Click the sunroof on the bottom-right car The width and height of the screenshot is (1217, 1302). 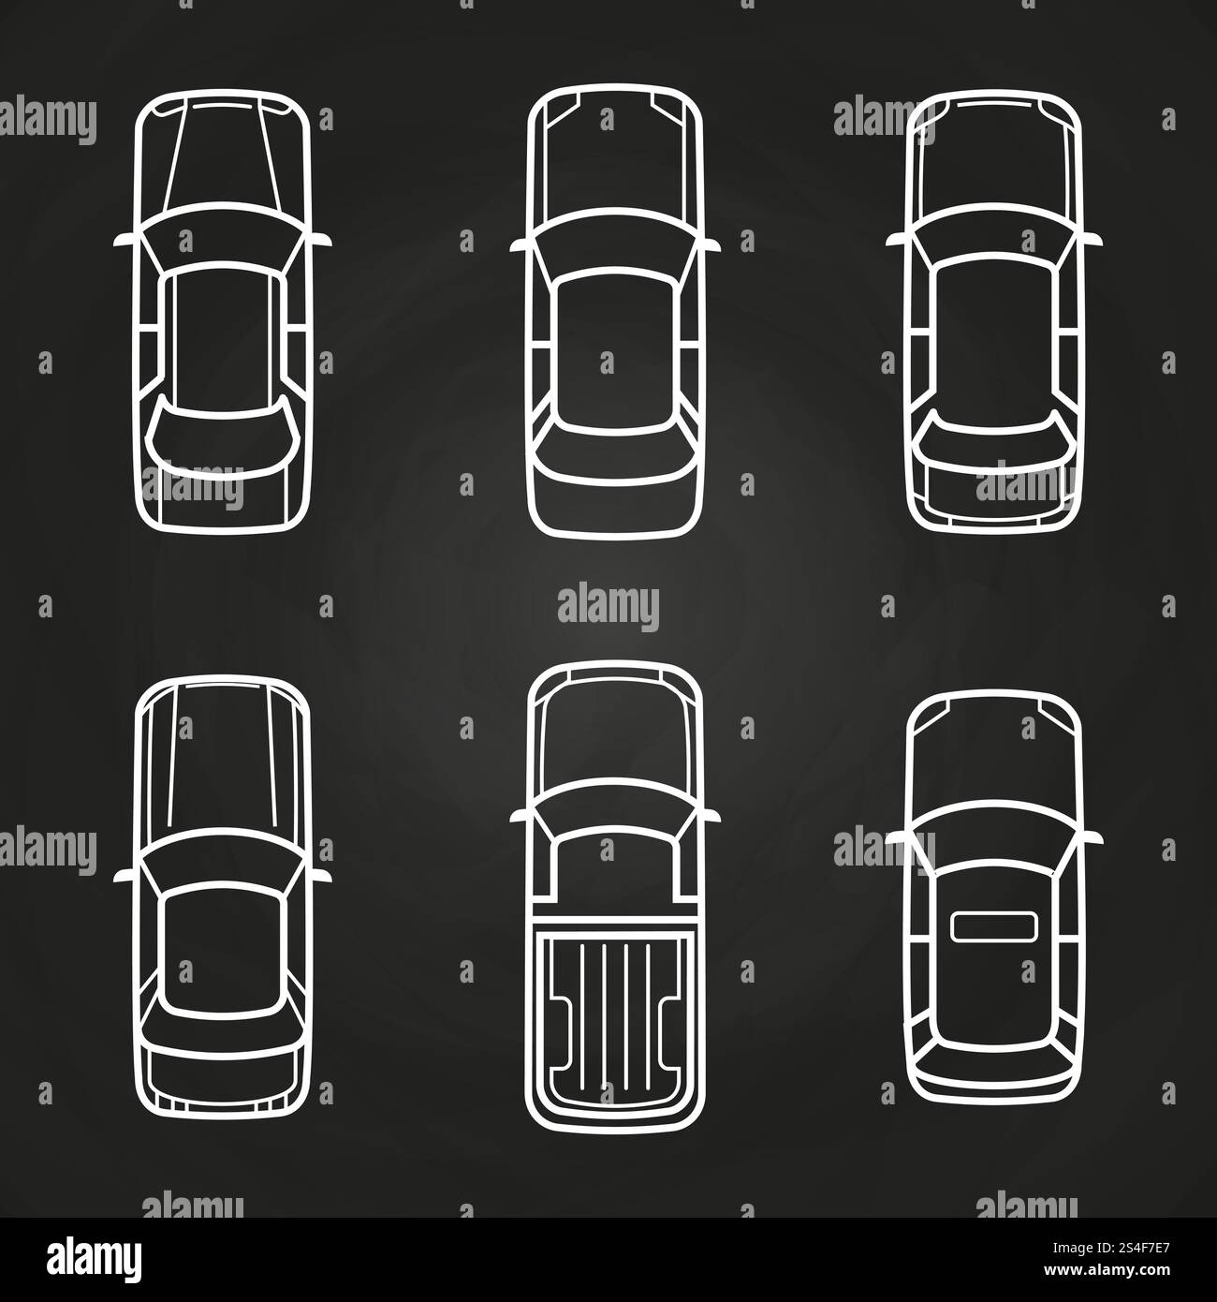click(993, 926)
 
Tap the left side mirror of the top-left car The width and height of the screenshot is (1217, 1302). click(125, 241)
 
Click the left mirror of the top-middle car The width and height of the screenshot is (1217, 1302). click(521, 245)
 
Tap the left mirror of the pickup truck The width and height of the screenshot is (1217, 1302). click(521, 816)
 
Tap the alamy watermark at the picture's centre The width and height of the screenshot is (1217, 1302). click(608, 605)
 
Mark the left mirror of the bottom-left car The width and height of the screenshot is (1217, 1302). click(125, 876)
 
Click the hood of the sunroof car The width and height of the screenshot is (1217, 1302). click(993, 757)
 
